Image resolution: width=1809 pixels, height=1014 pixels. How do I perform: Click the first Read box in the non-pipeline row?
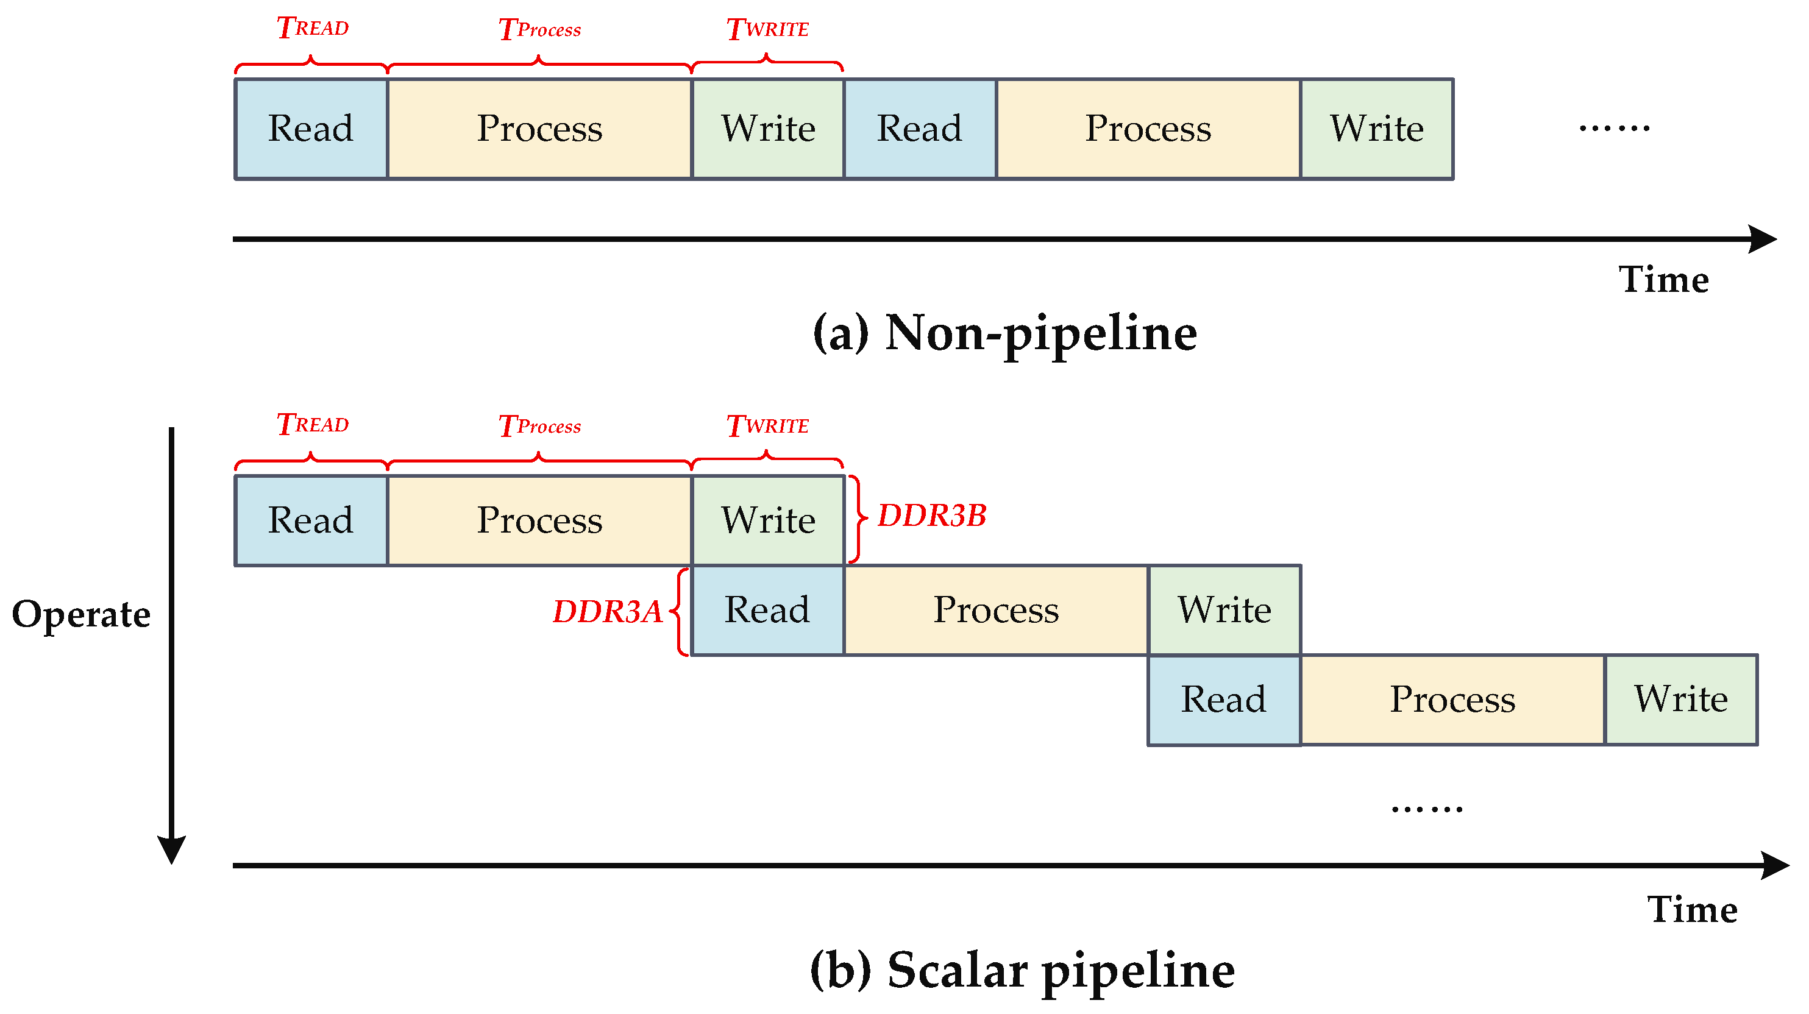click(311, 129)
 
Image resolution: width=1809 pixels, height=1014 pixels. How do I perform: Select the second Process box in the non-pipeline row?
click(1148, 129)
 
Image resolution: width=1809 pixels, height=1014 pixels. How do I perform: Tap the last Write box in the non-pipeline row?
click(1376, 129)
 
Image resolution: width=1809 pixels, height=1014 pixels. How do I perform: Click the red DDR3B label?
click(931, 516)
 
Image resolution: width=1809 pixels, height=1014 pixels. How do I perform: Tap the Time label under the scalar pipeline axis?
click(1692, 909)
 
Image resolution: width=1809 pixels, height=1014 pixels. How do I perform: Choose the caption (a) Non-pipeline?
click(1004, 333)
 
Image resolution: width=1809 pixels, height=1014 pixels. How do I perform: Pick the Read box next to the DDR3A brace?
click(767, 609)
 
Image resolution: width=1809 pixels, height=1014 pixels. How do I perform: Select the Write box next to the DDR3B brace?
click(768, 520)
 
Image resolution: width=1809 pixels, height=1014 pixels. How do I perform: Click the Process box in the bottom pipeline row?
click(1452, 700)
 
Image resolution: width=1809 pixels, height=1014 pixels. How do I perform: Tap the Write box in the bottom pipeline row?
click(1680, 700)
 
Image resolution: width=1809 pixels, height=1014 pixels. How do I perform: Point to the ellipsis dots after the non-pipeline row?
click(1614, 128)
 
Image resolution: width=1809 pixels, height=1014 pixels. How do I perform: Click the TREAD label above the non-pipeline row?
click(313, 28)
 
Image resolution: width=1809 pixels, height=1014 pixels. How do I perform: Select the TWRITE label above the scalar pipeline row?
click(767, 425)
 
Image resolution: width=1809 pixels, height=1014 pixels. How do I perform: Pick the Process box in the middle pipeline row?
click(996, 609)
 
